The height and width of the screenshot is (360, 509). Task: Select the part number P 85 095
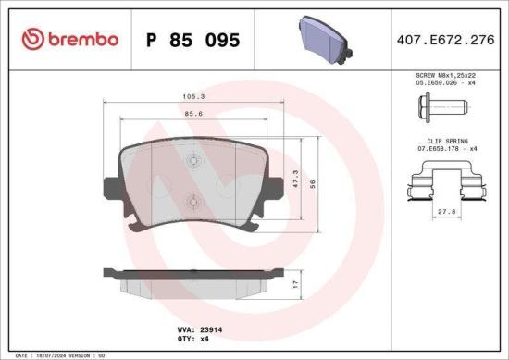[194, 40]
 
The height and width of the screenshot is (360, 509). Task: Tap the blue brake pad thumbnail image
[325, 38]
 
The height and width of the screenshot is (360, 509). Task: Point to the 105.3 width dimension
[193, 94]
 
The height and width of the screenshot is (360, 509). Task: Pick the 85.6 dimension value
[193, 113]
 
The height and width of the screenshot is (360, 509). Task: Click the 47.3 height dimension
[294, 178]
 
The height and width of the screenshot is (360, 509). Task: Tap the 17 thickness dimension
[294, 284]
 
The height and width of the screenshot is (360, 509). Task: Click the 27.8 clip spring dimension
[446, 212]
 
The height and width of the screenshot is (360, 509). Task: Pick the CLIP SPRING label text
[446, 143]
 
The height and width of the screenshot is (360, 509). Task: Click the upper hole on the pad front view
[193, 160]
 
